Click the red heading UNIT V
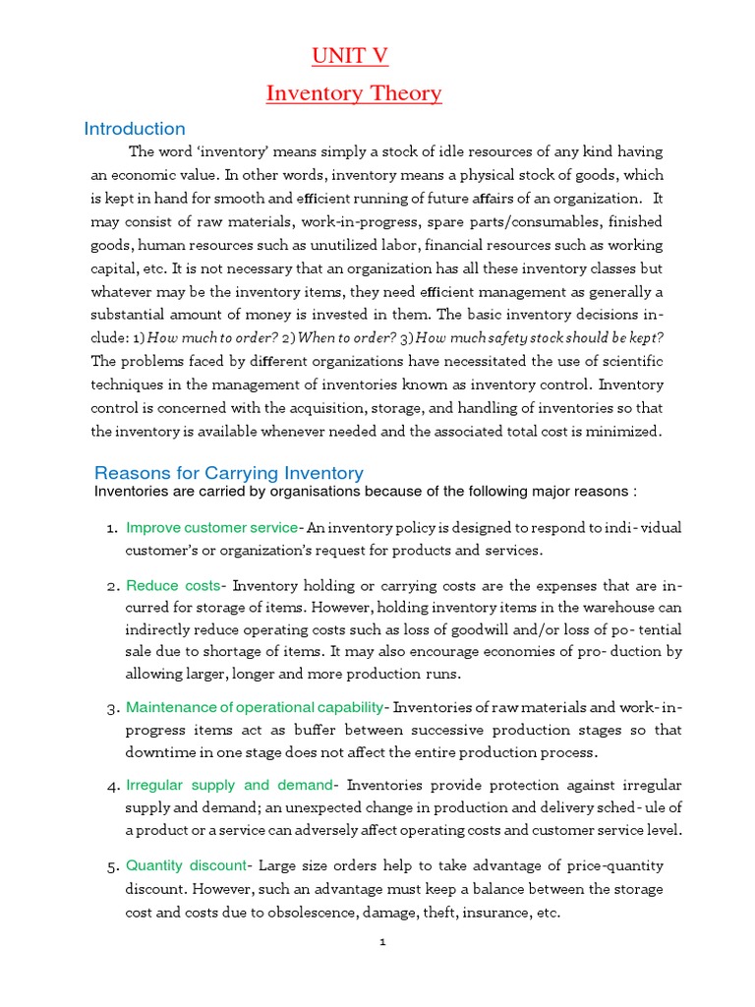coord(350,57)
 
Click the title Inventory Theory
coord(354,94)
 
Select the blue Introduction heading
coord(135,129)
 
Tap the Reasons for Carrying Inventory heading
coord(229,473)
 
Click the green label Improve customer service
coord(211,528)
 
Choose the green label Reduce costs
coord(173,586)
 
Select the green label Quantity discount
coord(186,865)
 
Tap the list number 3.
coord(111,709)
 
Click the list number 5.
coord(111,866)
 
